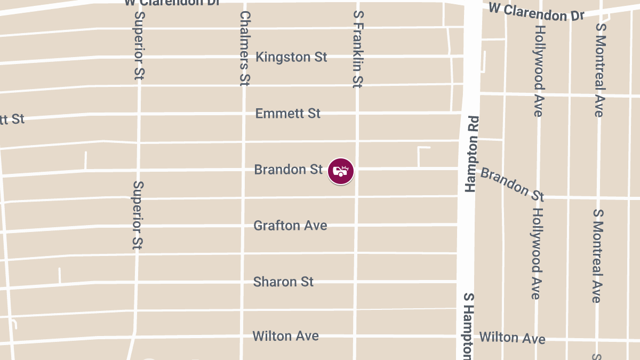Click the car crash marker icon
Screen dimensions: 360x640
point(341,171)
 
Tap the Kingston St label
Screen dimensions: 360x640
point(291,57)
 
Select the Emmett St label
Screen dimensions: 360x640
point(288,114)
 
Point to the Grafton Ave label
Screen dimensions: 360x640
point(290,226)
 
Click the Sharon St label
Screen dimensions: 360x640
point(283,282)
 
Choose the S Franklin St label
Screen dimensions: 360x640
point(357,48)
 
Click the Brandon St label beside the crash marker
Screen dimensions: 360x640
point(289,170)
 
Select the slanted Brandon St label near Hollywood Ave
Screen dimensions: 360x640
point(512,184)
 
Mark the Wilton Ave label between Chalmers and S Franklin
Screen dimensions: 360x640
point(285,336)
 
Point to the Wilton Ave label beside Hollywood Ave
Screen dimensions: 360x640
point(512,338)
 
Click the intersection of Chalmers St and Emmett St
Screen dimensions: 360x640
point(244,114)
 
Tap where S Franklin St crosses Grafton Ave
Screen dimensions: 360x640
point(356,225)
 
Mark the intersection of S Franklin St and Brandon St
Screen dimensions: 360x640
point(356,169)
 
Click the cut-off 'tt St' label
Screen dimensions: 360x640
point(12,119)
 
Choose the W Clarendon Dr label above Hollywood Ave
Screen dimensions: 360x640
point(536,12)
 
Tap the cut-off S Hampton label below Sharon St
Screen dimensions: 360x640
point(468,325)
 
